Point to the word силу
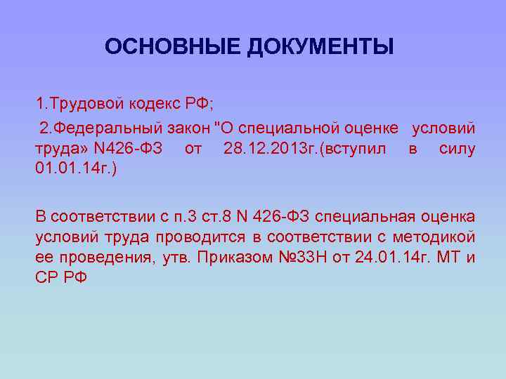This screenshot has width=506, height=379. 457,149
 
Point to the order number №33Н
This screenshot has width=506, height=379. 301,257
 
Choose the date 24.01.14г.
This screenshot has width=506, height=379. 390,257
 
